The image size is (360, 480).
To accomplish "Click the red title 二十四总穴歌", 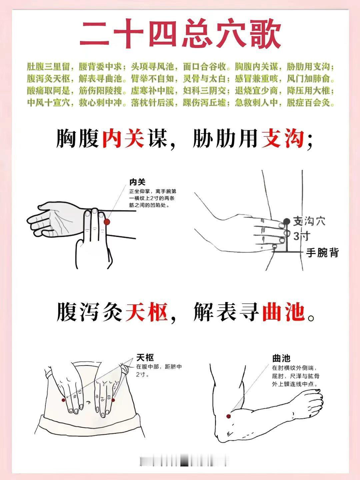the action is coord(180,33).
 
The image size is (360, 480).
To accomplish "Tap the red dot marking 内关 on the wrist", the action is coord(107,222).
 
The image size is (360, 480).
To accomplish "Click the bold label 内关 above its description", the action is coord(137,182).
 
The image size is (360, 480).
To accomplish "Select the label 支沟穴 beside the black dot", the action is coord(309,221).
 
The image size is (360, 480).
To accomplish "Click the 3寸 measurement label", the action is coord(302,236).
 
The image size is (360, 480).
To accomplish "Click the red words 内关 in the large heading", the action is coord(123,138).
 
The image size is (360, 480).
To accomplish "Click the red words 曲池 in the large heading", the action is coord(283,312).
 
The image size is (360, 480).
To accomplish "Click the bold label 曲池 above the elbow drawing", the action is coord(281,358).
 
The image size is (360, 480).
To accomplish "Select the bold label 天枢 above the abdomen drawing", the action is coord(145,358).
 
